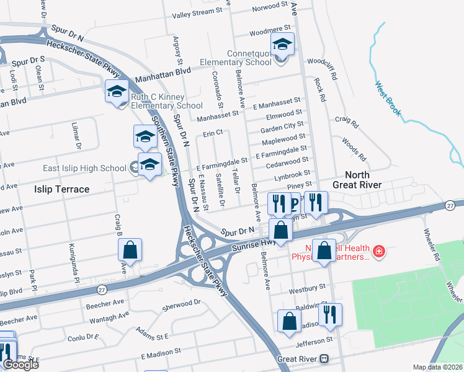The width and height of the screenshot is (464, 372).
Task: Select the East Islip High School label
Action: tap(84, 168)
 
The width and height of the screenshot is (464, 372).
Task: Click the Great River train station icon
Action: tap(323, 359)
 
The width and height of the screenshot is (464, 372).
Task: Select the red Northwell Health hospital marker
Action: tap(378, 252)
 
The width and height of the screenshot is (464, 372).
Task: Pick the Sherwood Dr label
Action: tap(182, 304)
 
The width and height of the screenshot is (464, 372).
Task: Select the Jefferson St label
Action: tap(314, 342)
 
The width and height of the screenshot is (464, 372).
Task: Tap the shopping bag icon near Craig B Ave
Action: tap(130, 250)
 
